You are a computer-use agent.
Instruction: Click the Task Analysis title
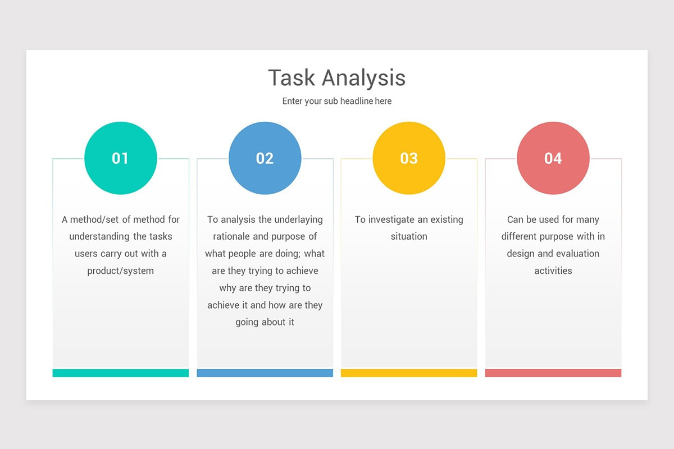point(336,77)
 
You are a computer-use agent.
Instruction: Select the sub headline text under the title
point(336,102)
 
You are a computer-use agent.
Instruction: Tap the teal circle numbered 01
point(121,158)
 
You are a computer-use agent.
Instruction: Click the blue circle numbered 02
point(265,158)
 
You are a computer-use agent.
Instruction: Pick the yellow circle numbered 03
point(409,158)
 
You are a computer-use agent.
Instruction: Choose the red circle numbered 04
point(553,158)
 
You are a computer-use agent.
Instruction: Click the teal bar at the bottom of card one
point(121,373)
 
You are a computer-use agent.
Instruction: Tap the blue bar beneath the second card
point(265,373)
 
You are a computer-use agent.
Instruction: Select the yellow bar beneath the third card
point(409,373)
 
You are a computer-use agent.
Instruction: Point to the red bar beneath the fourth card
point(553,373)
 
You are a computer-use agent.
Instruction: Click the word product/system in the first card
point(120,271)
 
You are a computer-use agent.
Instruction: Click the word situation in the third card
point(409,236)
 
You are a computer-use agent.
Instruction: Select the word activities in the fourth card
point(553,271)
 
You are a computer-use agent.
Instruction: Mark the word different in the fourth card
point(521,236)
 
